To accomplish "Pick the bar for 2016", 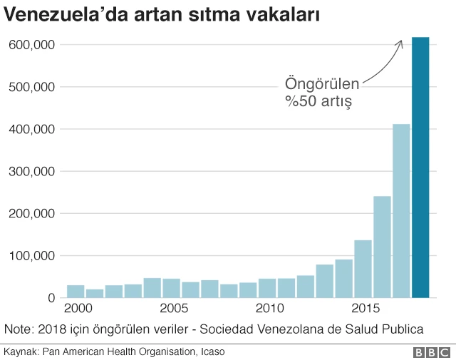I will (x=382, y=247).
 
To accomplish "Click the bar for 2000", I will (x=76, y=291).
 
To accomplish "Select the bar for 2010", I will (x=267, y=288).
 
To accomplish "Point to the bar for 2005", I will (x=171, y=288).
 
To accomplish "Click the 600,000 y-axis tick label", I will (x=31, y=45).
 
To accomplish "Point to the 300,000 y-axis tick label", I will (x=31, y=171).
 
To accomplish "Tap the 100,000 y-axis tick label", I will (x=31, y=255).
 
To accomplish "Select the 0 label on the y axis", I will (x=52, y=298).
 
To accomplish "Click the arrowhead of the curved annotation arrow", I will (x=400, y=42).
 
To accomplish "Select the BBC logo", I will (x=431, y=352).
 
